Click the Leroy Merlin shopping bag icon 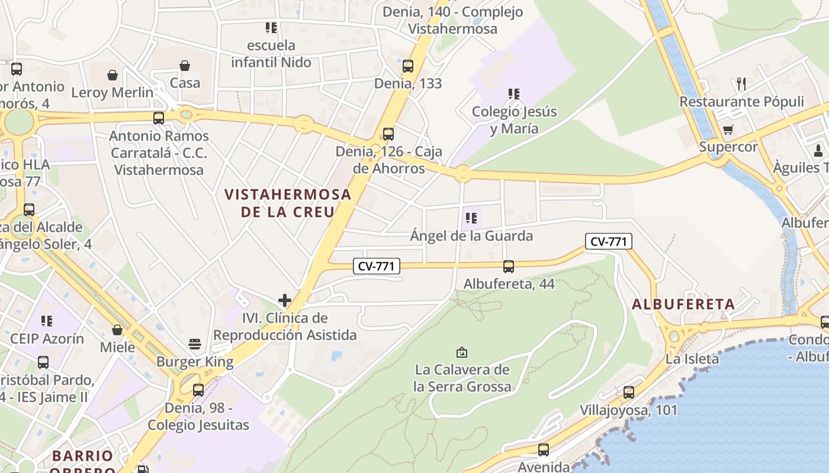113,75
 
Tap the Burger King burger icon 194,344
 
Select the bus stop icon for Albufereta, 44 508,267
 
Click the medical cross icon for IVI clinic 285,300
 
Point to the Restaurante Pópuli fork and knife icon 741,83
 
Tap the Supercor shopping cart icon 728,129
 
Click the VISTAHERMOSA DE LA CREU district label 288,203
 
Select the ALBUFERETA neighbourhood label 683,304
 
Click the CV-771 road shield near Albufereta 609,241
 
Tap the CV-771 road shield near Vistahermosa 377,266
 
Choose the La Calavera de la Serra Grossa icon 462,352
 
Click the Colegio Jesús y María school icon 514,93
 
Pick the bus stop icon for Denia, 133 408,66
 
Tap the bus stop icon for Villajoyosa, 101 628,392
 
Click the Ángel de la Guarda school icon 471,218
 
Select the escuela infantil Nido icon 271,27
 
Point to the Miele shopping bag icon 117,329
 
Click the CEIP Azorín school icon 47,321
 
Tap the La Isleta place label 692,358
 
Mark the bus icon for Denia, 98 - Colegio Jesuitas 198,390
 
